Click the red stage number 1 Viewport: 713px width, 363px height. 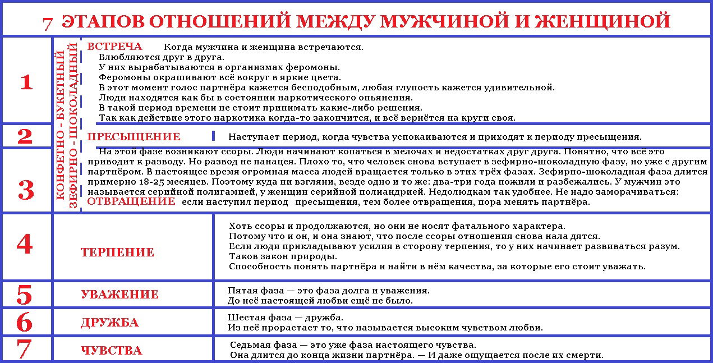pyautogui.click(x=26, y=82)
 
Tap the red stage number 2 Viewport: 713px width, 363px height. pyautogui.click(x=25, y=136)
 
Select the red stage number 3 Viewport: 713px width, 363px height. pyautogui.click(x=26, y=190)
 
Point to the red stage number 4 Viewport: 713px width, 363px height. pyautogui.click(x=25, y=245)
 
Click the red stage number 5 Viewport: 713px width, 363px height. pyautogui.click(x=25, y=295)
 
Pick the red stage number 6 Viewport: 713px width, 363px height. pyautogui.click(x=25, y=322)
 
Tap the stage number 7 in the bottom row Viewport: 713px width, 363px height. pyautogui.click(x=24, y=349)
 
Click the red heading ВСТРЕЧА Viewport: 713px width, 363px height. pyautogui.click(x=114, y=47)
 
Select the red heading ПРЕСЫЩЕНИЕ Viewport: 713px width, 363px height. pyautogui.click(x=134, y=136)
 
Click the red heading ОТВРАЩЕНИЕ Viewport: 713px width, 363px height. pyautogui.click(x=131, y=201)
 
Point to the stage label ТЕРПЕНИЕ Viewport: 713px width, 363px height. pyautogui.click(x=117, y=252)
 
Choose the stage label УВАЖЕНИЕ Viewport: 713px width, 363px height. pyautogui.click(x=119, y=295)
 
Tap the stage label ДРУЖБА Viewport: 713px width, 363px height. pyautogui.click(x=109, y=323)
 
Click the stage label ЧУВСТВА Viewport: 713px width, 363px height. pyautogui.click(x=111, y=351)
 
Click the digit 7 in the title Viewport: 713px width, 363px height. pyautogui.click(x=48, y=23)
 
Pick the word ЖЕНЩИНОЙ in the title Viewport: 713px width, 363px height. pyautogui.click(x=602, y=21)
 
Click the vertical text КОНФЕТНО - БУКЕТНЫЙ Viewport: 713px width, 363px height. pyautogui.click(x=61, y=125)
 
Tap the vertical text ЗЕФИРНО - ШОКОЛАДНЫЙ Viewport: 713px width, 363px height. pyautogui.click(x=73, y=125)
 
